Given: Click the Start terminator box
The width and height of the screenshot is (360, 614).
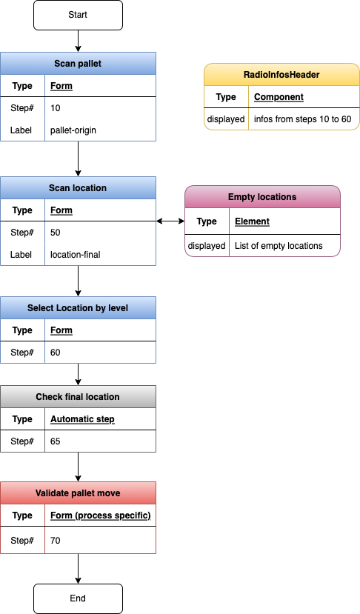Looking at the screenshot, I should coord(78,15).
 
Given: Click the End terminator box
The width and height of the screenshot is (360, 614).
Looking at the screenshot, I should coord(78,598).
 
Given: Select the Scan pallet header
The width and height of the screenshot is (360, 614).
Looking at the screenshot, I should coord(78,64).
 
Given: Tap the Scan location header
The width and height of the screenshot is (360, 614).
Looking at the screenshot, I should coord(78,188).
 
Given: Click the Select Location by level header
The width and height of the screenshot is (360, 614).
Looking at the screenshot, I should coord(78,308).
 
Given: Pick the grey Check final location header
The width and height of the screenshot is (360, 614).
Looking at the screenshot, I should coord(78,397).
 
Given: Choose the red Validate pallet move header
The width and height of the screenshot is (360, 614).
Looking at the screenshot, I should coord(78,493).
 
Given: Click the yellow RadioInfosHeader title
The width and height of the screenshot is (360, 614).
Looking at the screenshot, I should coord(281,75).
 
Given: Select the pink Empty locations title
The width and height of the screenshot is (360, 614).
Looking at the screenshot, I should coord(262,197).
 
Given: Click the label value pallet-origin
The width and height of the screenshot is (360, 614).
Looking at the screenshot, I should coord(73,130).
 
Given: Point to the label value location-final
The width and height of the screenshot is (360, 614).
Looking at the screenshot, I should coord(75,255).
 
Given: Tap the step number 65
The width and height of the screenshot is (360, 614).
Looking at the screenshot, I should coord(56,441).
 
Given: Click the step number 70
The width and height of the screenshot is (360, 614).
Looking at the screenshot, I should coord(56,541).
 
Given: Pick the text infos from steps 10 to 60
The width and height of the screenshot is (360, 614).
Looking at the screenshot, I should coord(302,119).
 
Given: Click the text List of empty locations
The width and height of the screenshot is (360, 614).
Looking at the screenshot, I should coord(279,246).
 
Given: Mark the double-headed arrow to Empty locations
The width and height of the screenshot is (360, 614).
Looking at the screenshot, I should coord(170,221).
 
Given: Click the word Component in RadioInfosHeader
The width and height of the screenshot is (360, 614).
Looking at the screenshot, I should coord(279,97).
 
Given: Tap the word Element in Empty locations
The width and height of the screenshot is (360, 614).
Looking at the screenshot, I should coord(252,221).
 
